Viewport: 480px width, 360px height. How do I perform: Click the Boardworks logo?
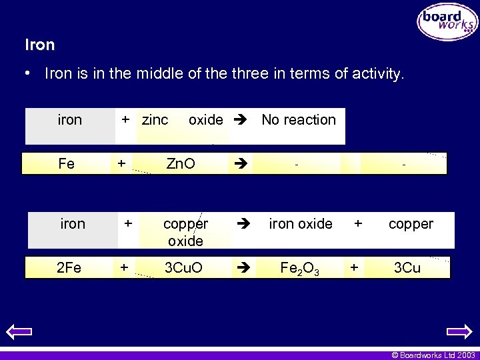447,22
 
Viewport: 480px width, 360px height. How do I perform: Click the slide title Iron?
39,45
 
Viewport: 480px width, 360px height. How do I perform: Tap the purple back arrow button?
18,331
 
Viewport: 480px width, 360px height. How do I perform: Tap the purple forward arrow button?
459,331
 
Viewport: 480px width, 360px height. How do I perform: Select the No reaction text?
299,120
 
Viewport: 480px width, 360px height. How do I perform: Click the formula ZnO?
181,164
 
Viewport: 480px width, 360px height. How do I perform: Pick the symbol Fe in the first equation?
67,164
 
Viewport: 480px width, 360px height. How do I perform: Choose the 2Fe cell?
69,268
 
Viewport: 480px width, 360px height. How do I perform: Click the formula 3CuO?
183,268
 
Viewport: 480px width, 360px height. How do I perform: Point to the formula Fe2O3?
300,269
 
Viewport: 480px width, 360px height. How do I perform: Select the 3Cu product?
407,268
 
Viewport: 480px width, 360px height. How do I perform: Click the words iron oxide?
300,224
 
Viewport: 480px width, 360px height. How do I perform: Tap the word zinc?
155,120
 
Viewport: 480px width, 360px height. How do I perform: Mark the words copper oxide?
185,232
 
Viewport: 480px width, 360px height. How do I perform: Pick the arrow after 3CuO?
241,268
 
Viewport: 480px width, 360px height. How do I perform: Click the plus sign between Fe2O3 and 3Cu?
354,267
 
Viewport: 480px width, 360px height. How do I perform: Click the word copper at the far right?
411,224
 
